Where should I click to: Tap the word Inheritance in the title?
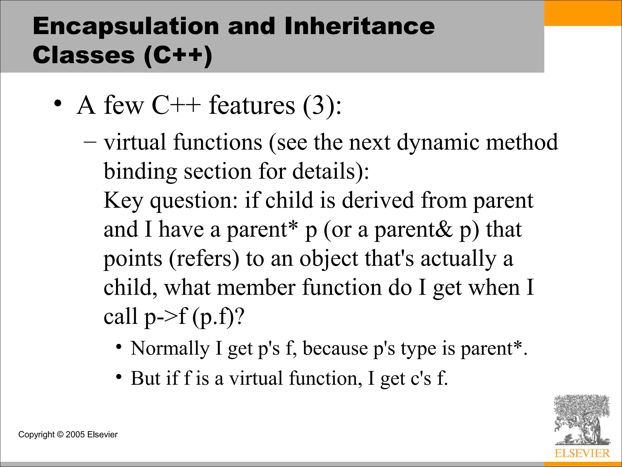360,26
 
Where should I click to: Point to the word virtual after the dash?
135,142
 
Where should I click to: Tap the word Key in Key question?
123,200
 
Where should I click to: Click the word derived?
378,200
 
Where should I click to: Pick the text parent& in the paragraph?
413,230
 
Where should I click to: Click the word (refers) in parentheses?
204,259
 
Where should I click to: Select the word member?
256,287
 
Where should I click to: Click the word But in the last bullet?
145,378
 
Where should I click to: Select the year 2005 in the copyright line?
75,434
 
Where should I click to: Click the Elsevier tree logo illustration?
582,420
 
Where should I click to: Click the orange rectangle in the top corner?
583,13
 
